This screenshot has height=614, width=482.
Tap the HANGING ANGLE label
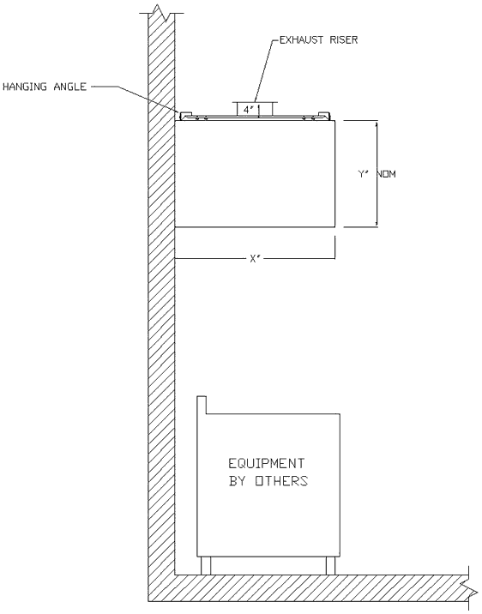[44, 86]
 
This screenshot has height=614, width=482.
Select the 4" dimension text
[248, 110]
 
